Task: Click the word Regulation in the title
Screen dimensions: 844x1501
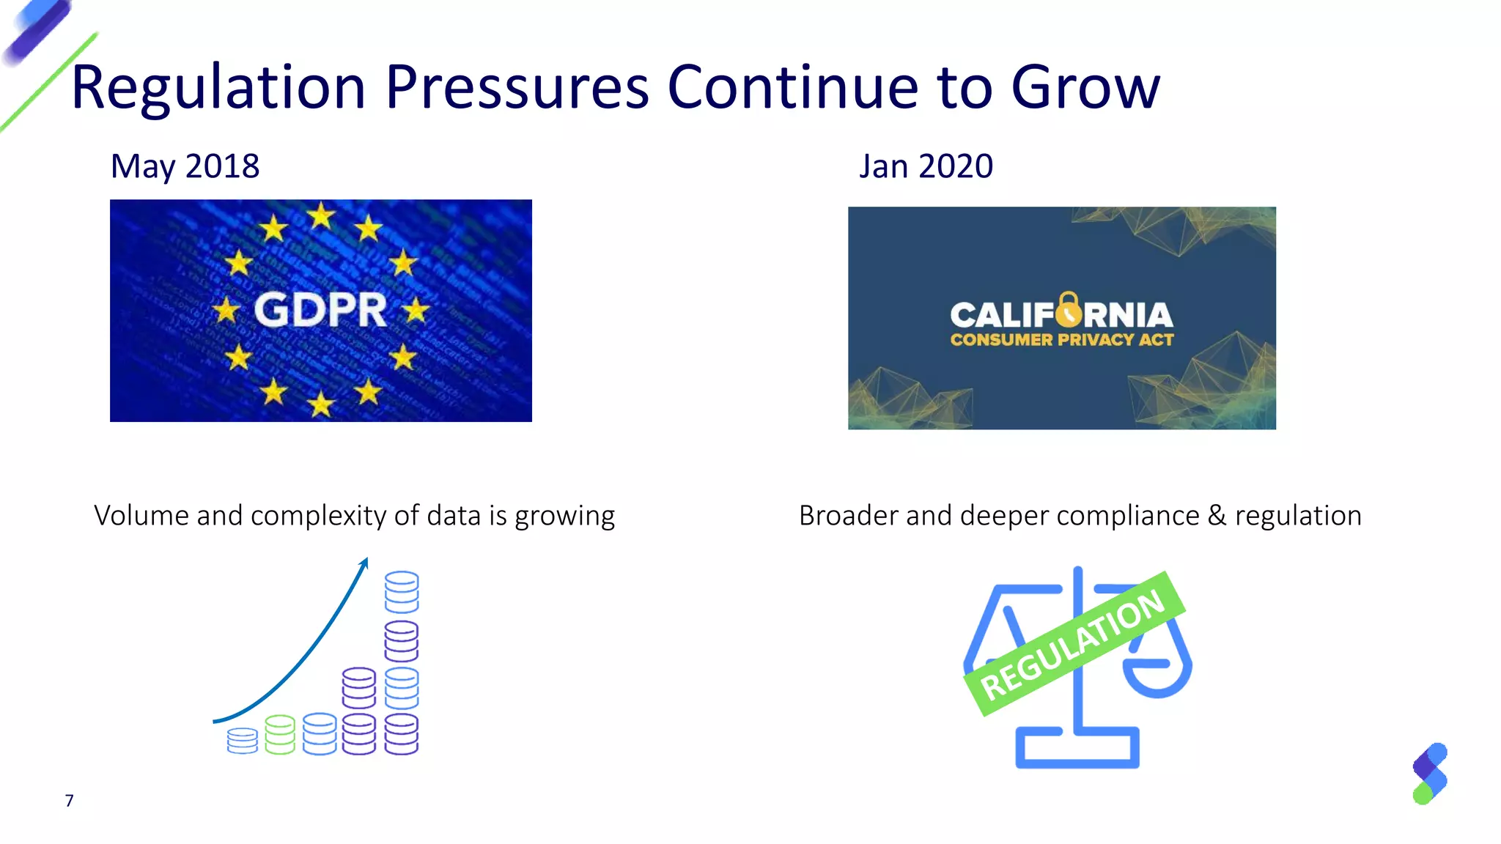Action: pyautogui.click(x=218, y=88)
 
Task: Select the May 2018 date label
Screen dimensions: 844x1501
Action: pyautogui.click(x=185, y=166)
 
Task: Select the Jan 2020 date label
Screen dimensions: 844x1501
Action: pyautogui.click(x=926, y=166)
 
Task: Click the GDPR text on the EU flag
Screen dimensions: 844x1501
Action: pyautogui.click(x=320, y=310)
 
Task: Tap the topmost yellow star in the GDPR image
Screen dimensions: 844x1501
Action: pyautogui.click(x=321, y=217)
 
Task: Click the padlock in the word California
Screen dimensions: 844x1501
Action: pyautogui.click(x=1069, y=308)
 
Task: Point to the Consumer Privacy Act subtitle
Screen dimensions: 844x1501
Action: pyautogui.click(x=1061, y=340)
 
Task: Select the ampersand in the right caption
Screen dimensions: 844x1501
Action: pyautogui.click(x=1217, y=516)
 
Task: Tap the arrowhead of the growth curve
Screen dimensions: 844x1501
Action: pyautogui.click(x=364, y=563)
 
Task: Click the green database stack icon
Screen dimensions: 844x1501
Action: pyautogui.click(x=280, y=735)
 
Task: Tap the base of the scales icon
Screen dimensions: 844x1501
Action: pyautogui.click(x=1077, y=749)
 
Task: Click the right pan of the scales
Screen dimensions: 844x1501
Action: pyautogui.click(x=1158, y=677)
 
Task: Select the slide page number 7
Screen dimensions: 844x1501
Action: pyautogui.click(x=69, y=801)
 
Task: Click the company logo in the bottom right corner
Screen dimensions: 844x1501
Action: pyautogui.click(x=1430, y=774)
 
